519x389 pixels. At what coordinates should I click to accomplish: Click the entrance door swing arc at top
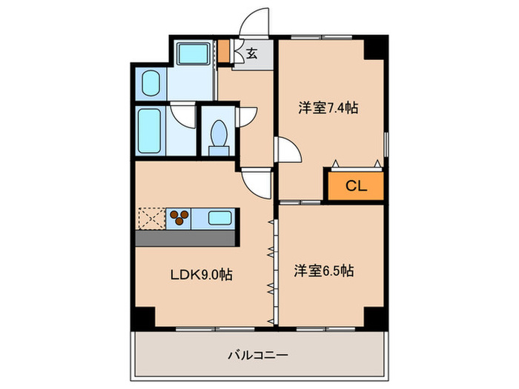point(255,22)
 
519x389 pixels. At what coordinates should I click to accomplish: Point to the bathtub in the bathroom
point(151,132)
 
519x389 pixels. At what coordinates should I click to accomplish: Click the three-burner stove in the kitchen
point(179,218)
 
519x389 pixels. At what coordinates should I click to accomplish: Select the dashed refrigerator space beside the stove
point(151,218)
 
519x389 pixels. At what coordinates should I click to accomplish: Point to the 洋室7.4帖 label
point(328,108)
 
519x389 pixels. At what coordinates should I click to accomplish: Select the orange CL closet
point(356,186)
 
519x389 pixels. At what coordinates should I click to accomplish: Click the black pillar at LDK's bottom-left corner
point(142,316)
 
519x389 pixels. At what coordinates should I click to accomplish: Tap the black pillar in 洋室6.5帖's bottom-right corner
point(375,316)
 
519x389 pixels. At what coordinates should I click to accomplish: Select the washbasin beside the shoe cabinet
point(194,53)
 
